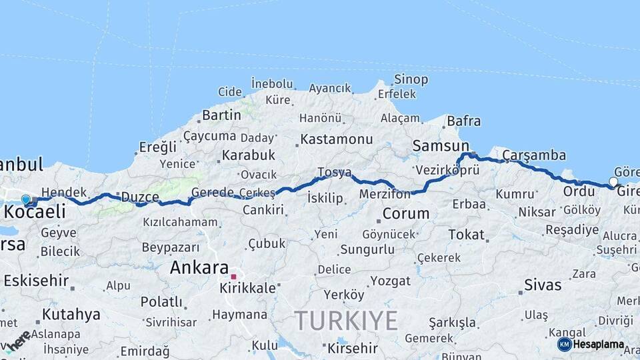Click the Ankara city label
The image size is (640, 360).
coord(199,268)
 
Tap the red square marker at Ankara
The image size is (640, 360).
coord(233,276)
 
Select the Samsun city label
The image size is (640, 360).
coord(441,145)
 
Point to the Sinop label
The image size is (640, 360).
coord(411,79)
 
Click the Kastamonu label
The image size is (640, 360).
coord(337,140)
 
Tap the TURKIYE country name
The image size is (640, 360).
coord(346,321)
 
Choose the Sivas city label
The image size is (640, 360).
coord(543,286)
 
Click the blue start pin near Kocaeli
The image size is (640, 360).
coord(26,199)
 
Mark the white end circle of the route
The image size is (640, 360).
coord(613,181)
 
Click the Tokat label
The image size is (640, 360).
coord(466,235)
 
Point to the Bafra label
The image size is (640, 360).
coord(464,121)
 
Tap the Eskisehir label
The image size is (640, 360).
coord(35,281)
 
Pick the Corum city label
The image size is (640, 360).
coord(405,215)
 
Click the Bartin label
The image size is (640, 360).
coord(221,115)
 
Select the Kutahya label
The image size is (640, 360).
coord(71,314)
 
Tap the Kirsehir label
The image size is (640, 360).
coord(352,348)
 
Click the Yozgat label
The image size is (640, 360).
coord(390,281)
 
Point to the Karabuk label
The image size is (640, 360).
coord(249,155)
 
